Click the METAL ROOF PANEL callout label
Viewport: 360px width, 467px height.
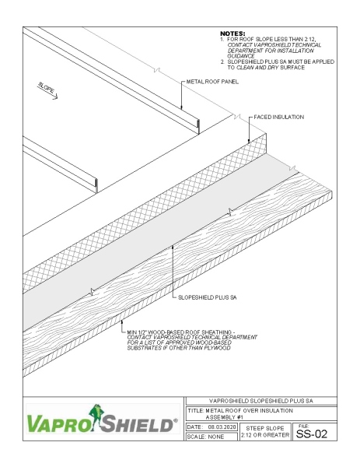[212, 81]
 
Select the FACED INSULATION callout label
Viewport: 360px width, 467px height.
[278, 117]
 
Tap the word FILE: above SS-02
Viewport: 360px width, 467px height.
[302, 424]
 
